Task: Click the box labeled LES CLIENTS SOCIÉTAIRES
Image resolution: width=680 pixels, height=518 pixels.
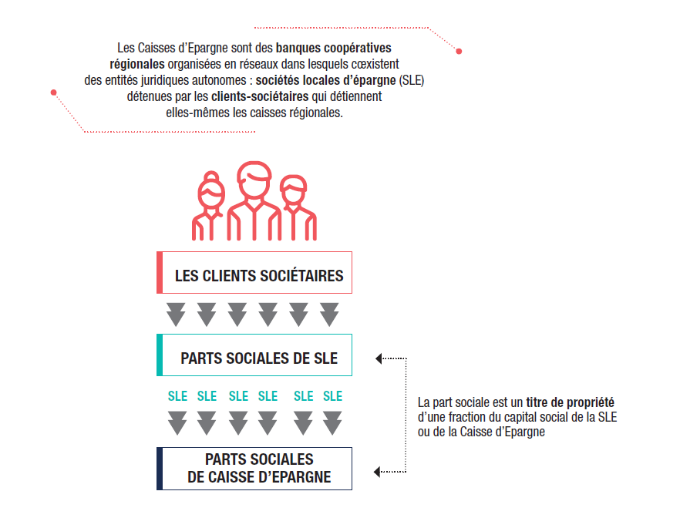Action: point(254,273)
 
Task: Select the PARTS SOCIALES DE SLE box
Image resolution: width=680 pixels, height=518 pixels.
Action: point(254,355)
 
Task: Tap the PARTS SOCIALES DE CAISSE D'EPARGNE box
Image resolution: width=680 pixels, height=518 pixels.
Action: point(254,469)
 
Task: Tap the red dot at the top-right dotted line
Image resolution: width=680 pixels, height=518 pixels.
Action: point(459,51)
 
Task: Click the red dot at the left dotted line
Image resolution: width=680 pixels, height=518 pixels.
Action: point(54,92)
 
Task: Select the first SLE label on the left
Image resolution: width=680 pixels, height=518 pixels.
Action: point(178,396)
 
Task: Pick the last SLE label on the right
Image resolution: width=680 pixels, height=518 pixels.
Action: point(332,396)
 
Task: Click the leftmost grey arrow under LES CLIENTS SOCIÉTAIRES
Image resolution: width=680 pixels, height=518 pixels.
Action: point(176,314)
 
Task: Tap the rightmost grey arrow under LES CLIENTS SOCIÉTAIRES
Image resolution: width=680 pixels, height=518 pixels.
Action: point(330,314)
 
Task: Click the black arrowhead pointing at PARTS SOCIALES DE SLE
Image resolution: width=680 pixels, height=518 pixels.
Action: point(379,358)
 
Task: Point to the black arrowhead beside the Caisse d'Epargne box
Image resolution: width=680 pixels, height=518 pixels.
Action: point(377,472)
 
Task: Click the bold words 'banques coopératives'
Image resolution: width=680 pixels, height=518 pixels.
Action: point(334,48)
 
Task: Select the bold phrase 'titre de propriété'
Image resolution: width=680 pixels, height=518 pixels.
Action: point(571,402)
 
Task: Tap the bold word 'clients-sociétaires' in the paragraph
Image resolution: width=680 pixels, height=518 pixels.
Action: point(260,96)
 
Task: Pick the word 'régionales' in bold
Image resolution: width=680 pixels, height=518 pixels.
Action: point(137,64)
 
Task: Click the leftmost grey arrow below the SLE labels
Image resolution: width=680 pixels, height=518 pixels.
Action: point(177,423)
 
